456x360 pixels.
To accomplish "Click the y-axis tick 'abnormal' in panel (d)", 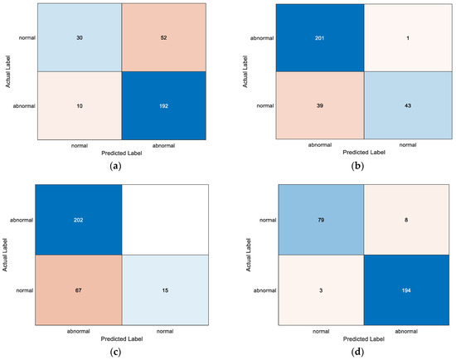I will click(247, 292).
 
